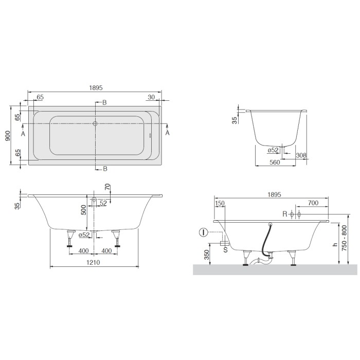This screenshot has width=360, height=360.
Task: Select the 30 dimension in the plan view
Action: [151, 97]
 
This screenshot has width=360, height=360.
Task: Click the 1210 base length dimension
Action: [94, 262]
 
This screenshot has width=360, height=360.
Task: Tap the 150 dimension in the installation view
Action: [220, 204]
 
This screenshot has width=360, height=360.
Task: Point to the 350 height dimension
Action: [206, 254]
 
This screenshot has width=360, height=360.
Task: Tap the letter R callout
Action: [284, 214]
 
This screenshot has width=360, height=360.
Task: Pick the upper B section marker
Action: [104, 103]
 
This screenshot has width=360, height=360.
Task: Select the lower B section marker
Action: [104, 169]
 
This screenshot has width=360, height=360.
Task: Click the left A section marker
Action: [23, 133]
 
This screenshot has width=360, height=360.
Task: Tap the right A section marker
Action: [167, 133]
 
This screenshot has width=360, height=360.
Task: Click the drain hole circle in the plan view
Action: [95, 123]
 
